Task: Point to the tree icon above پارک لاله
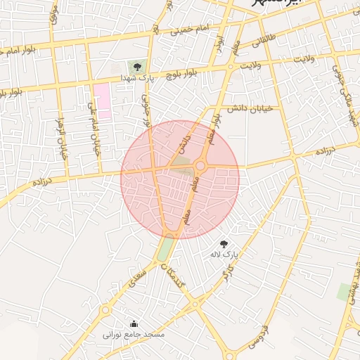224,243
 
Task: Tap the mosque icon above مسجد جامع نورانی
134,324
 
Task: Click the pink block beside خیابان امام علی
103,100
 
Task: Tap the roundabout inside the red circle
200,166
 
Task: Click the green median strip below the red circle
165,249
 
